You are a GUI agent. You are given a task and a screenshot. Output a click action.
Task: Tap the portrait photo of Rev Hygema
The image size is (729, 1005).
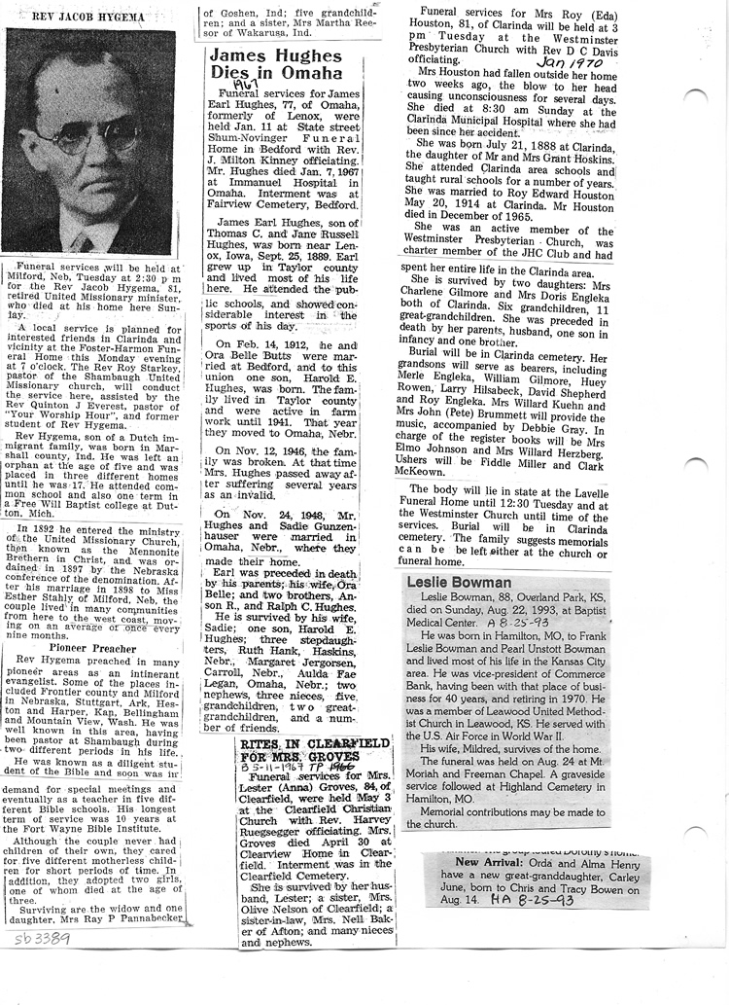(91, 141)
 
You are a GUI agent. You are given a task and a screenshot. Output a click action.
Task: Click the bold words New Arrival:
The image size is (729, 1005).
(490, 862)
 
